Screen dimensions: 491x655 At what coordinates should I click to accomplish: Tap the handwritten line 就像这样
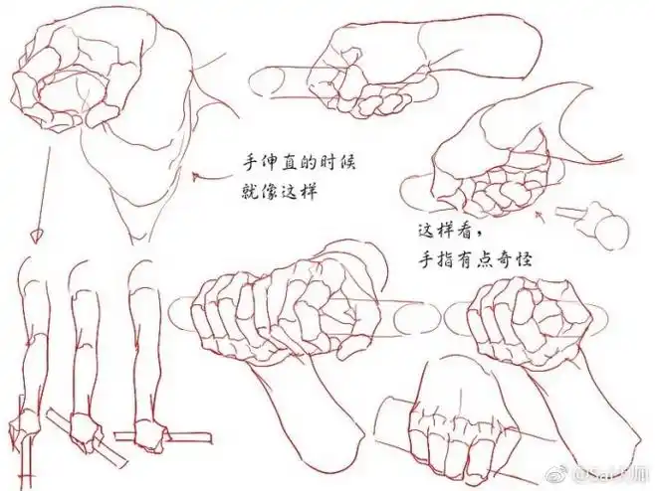(x=276, y=189)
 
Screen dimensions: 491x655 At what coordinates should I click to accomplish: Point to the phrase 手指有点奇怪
(x=479, y=260)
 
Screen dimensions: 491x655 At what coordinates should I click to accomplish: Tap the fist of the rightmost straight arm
(x=151, y=433)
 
